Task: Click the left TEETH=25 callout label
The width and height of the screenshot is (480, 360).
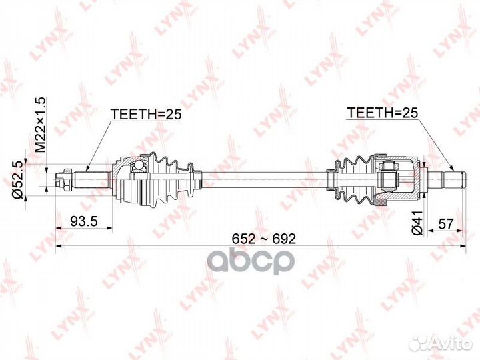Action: point(146,114)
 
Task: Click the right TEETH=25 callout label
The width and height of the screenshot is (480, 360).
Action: point(383,113)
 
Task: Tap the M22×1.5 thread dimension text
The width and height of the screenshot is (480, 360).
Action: point(40,125)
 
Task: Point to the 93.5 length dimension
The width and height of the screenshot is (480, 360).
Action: point(84,221)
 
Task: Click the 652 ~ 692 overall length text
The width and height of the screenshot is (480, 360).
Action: point(264,239)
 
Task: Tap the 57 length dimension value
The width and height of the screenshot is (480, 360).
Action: point(445,224)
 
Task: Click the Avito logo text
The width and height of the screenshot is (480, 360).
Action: point(454,344)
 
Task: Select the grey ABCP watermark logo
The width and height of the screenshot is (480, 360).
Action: point(251,261)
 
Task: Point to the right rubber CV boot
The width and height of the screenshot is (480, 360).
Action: point(352,180)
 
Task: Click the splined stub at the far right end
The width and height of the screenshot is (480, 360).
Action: point(446,180)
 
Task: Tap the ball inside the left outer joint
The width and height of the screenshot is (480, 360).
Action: point(139,165)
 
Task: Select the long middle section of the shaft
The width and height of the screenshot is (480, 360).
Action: point(264,180)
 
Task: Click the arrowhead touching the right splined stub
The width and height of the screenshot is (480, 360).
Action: point(452,167)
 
